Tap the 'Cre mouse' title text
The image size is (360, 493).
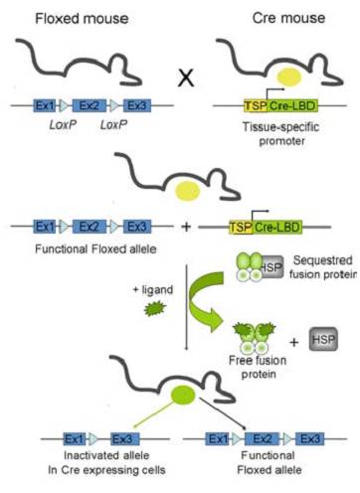(270, 18)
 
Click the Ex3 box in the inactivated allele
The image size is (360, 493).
(119, 438)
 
